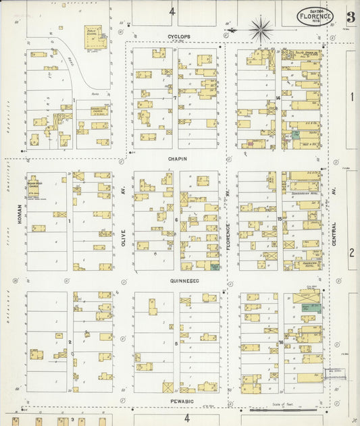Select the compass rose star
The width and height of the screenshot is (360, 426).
pos(260,30)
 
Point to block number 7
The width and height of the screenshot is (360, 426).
pos(175,98)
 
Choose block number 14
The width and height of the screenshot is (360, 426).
pos(278,98)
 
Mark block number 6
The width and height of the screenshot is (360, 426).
pos(176,220)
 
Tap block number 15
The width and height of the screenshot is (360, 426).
pos(279,219)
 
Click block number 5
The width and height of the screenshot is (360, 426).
pos(176,343)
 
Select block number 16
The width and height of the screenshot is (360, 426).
pos(280,343)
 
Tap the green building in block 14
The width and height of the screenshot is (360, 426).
pos(295,135)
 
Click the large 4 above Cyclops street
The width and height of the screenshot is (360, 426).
pos(172,11)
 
